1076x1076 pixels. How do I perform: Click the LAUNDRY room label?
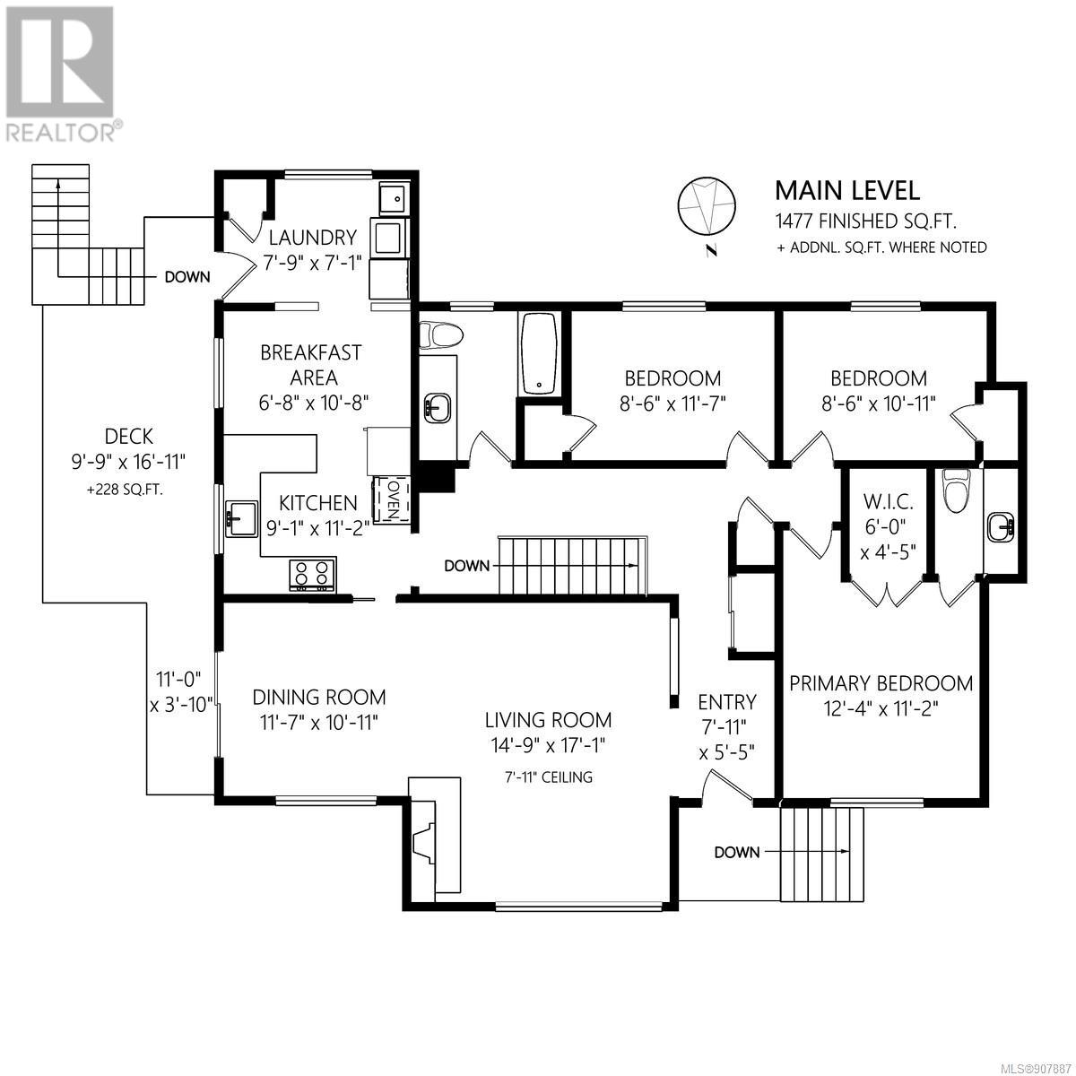tap(312, 238)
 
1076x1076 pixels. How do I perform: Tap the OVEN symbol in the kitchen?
tap(393, 499)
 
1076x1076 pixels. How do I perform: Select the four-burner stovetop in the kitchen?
tap(311, 575)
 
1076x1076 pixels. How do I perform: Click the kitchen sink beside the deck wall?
tap(240, 519)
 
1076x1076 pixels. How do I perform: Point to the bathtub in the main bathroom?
tap(538, 354)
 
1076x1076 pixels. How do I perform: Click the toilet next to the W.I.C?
tap(954, 490)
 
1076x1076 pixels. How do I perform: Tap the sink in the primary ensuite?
tap(999, 527)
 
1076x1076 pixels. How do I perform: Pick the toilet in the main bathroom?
tap(441, 335)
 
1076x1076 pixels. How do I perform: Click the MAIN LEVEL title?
tap(847, 191)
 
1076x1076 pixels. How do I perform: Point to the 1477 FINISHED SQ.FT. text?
tap(866, 221)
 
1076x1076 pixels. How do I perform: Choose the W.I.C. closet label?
tap(889, 501)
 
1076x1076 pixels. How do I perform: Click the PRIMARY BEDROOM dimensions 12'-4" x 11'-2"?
tap(881, 708)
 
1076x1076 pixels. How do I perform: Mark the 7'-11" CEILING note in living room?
tap(549, 777)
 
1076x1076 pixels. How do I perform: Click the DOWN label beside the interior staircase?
tap(467, 566)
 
